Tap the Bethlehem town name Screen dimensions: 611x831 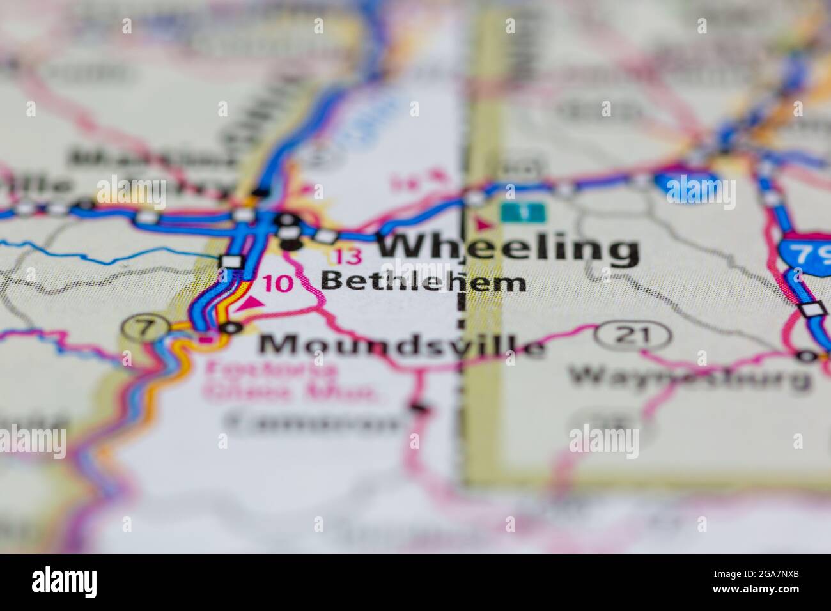coord(423,281)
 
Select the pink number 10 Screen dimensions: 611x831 coord(277,284)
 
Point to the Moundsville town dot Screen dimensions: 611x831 coord(231,328)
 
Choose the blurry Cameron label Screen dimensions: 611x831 coord(314,422)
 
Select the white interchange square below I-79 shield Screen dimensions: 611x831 coord(813,310)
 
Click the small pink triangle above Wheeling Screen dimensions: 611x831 coord(482,224)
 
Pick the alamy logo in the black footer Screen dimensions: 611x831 coord(64,582)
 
